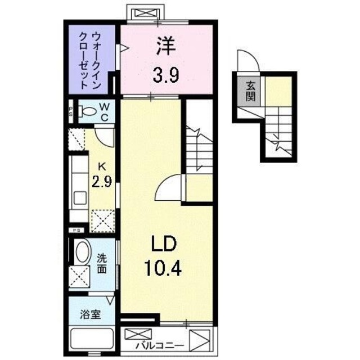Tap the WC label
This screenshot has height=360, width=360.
[105, 111]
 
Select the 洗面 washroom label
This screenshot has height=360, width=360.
[102, 263]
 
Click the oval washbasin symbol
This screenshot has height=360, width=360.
[82, 253]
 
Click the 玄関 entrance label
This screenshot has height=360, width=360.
[250, 91]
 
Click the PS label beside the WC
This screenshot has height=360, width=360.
[71, 110]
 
